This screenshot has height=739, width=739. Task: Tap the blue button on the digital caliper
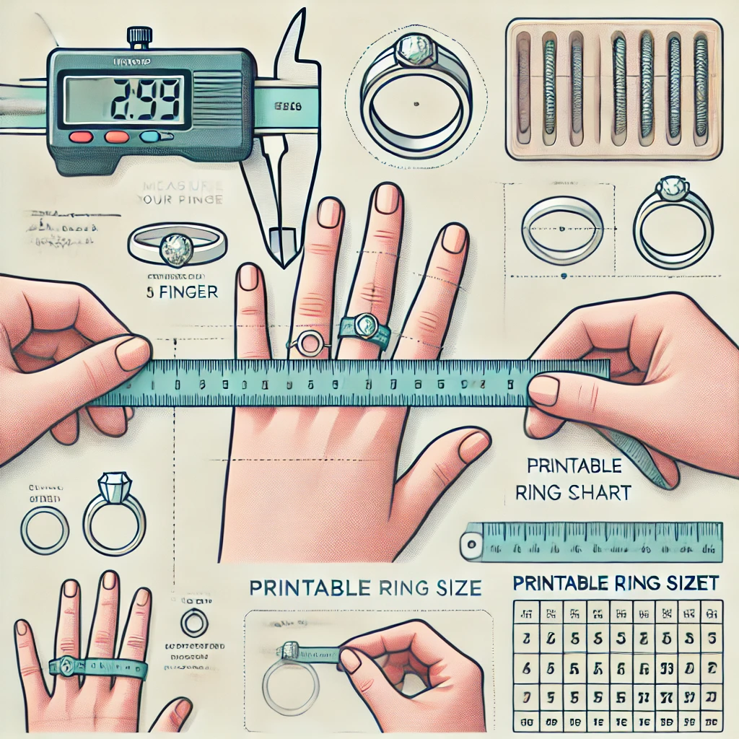(151, 136)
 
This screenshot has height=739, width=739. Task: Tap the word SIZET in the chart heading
(691, 581)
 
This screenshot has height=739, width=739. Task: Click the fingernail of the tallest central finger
(387, 198)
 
